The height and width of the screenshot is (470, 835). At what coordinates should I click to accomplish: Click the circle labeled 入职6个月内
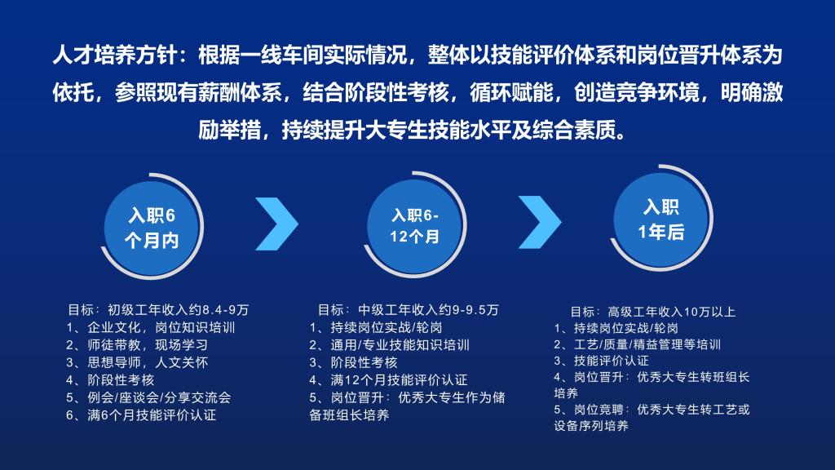pyautogui.click(x=151, y=228)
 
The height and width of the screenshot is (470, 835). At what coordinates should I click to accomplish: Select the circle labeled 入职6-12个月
pyautogui.click(x=414, y=226)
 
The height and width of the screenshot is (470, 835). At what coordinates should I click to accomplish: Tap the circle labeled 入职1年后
pyautogui.click(x=660, y=219)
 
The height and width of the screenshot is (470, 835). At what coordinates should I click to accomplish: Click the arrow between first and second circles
pyautogui.click(x=277, y=224)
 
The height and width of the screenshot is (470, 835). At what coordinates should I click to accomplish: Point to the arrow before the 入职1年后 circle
pyautogui.click(x=540, y=222)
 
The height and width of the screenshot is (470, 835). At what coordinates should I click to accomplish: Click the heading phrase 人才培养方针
pyautogui.click(x=115, y=55)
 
